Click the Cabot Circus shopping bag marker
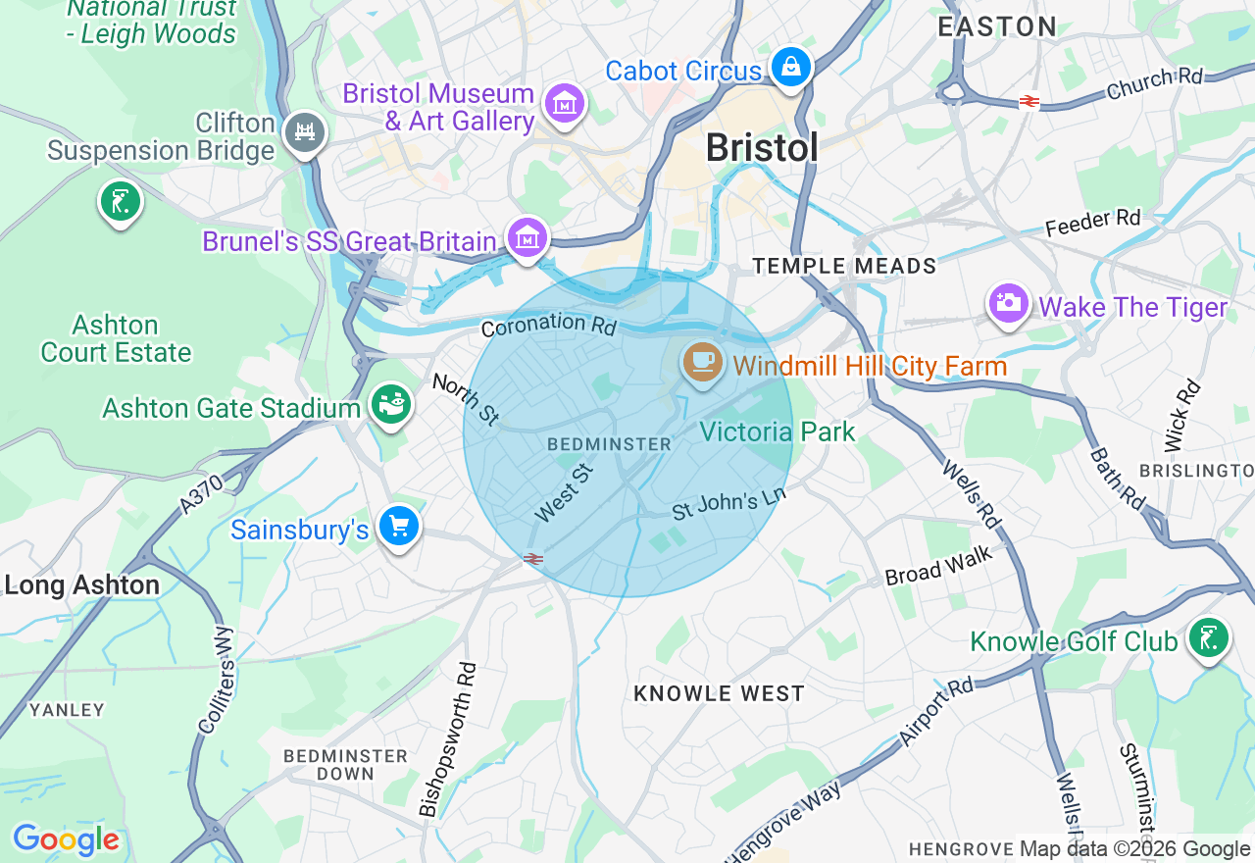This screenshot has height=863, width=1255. [790, 68]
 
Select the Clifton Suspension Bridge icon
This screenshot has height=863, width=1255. [304, 133]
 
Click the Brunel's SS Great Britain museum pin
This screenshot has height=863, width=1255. [527, 238]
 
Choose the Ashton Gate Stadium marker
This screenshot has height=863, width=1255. [391, 404]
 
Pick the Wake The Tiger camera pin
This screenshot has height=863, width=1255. [1007, 305]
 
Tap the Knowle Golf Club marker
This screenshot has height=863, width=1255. [1208, 639]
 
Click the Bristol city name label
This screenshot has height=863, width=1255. [761, 148]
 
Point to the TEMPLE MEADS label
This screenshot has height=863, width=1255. [844, 266]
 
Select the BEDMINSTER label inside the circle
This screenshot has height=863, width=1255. [609, 444]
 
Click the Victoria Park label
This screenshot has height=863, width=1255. [778, 431]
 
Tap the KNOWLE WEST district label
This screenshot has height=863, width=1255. [719, 693]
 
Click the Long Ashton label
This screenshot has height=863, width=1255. [82, 585]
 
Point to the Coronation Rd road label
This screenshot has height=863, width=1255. [549, 324]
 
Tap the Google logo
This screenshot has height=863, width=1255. [66, 839]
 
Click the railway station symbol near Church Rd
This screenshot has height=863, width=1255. [1029, 101]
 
